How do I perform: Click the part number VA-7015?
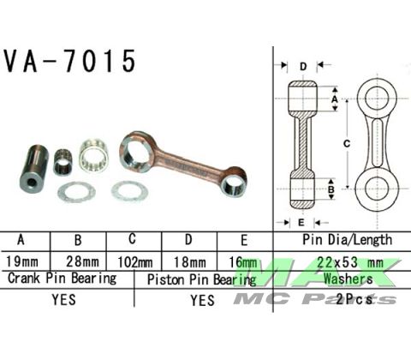point(70,62)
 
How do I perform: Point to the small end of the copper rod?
point(232,177)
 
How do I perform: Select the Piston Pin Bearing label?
point(202,279)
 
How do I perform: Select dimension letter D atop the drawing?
point(302,66)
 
